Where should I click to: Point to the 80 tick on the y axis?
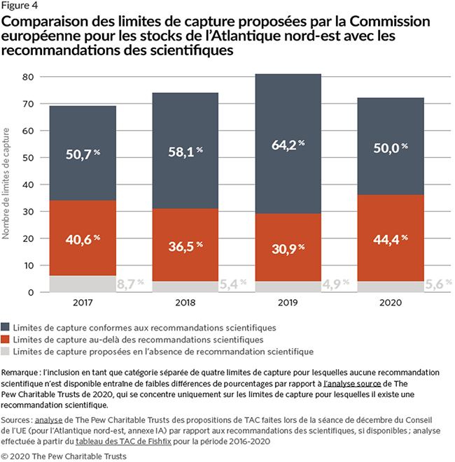(28, 76)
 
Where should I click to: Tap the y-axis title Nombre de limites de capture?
(6, 182)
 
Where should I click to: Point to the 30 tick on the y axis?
(28, 211)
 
